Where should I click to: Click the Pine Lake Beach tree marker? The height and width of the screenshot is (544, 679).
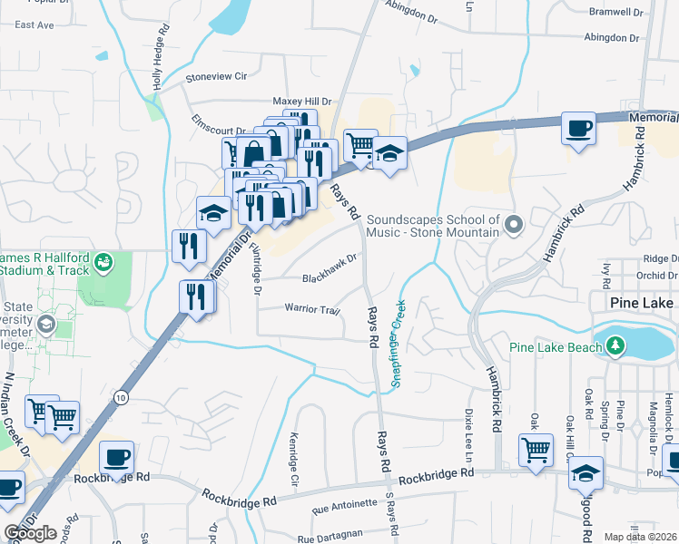[616, 345]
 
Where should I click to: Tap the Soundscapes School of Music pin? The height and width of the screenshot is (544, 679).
[515, 224]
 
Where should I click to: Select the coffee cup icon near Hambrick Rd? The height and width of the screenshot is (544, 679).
[577, 130]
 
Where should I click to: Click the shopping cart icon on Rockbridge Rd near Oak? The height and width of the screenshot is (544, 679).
[536, 449]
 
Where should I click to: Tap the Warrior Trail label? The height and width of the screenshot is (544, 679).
[312, 310]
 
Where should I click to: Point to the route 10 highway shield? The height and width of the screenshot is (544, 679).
[121, 397]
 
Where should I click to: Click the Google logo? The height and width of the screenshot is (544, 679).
[29, 533]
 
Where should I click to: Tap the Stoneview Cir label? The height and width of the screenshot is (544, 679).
[216, 78]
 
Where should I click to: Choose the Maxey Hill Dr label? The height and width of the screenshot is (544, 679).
[302, 102]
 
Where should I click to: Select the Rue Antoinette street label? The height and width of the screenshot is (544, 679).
[343, 503]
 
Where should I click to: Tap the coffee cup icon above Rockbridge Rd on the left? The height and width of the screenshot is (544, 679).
[116, 458]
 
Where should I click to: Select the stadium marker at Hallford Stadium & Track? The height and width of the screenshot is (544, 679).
[106, 262]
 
